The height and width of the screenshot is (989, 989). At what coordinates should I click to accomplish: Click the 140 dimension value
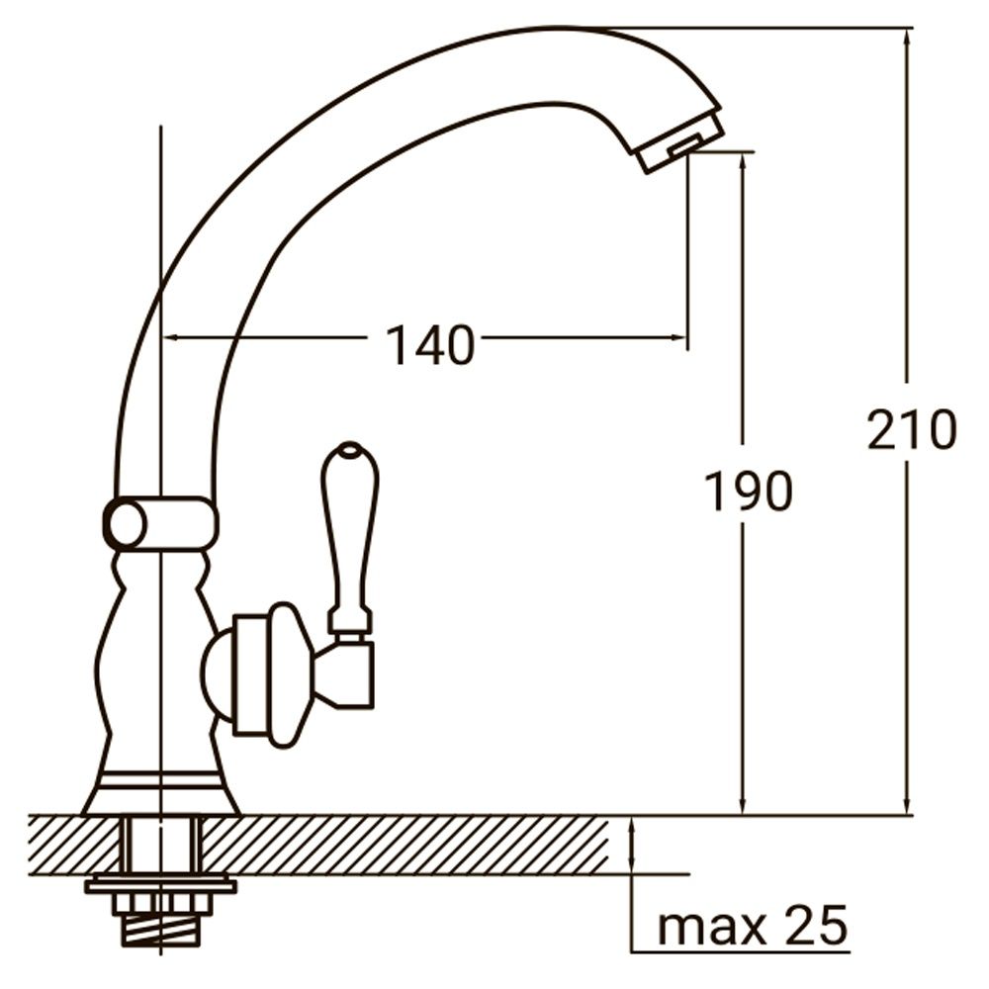click(x=429, y=346)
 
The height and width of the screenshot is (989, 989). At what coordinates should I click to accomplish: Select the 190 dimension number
click(x=748, y=492)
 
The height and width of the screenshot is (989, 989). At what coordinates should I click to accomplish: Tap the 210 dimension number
click(x=911, y=430)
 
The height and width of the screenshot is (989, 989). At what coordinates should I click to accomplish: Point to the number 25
click(x=816, y=927)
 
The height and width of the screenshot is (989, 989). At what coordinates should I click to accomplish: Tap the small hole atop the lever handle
click(x=348, y=453)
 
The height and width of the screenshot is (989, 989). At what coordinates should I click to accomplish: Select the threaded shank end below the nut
click(x=159, y=931)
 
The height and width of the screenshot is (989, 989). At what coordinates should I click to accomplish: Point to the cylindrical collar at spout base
click(x=160, y=524)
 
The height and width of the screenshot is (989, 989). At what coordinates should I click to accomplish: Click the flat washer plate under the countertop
click(x=160, y=884)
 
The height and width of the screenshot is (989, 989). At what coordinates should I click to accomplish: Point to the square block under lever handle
click(x=353, y=672)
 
